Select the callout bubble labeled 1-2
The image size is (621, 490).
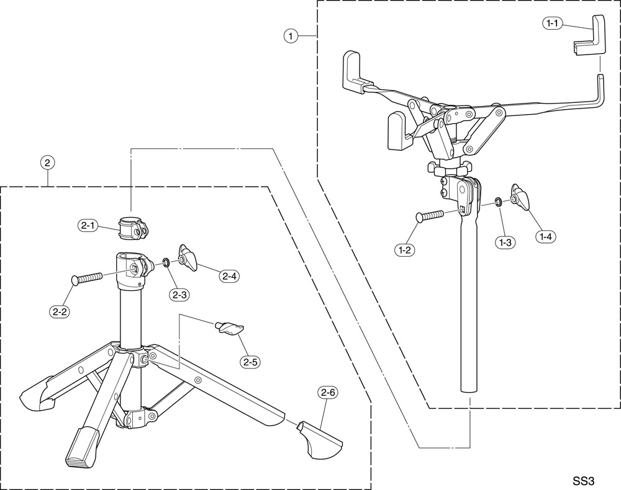pyautogui.click(x=405, y=249)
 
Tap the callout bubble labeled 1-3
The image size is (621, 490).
pyautogui.click(x=504, y=243)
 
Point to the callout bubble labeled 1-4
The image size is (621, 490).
pyautogui.click(x=546, y=236)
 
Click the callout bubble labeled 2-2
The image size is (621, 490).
pyautogui.click(x=60, y=312)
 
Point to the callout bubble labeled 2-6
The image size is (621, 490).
pyautogui.click(x=327, y=392)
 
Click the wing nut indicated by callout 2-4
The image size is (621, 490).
pyautogui.click(x=188, y=257)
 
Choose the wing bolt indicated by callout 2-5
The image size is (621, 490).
pyautogui.click(x=229, y=328)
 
